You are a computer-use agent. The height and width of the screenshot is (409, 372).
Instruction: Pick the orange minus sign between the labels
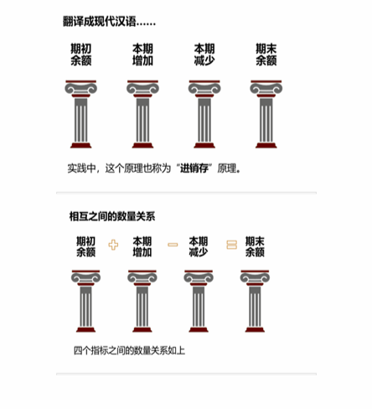click(x=173, y=245)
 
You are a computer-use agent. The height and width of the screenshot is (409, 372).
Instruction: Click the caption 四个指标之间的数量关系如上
click(x=128, y=349)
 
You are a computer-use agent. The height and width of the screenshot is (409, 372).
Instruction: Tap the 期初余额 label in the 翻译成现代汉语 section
click(x=81, y=55)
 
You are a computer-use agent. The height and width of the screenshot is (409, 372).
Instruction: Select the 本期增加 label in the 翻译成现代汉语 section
click(x=142, y=55)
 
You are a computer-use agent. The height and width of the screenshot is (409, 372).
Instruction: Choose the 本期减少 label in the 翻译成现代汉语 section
click(x=204, y=55)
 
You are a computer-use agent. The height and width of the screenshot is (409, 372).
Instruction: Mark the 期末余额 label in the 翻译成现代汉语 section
click(x=266, y=55)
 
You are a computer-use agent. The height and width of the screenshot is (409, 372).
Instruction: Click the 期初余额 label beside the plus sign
click(x=86, y=246)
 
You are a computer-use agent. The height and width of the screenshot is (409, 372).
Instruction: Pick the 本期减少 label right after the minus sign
click(x=199, y=246)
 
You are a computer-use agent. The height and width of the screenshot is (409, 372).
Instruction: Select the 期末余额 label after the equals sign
click(x=255, y=246)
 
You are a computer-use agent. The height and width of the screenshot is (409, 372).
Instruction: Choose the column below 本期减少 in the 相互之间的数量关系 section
click(x=199, y=301)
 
